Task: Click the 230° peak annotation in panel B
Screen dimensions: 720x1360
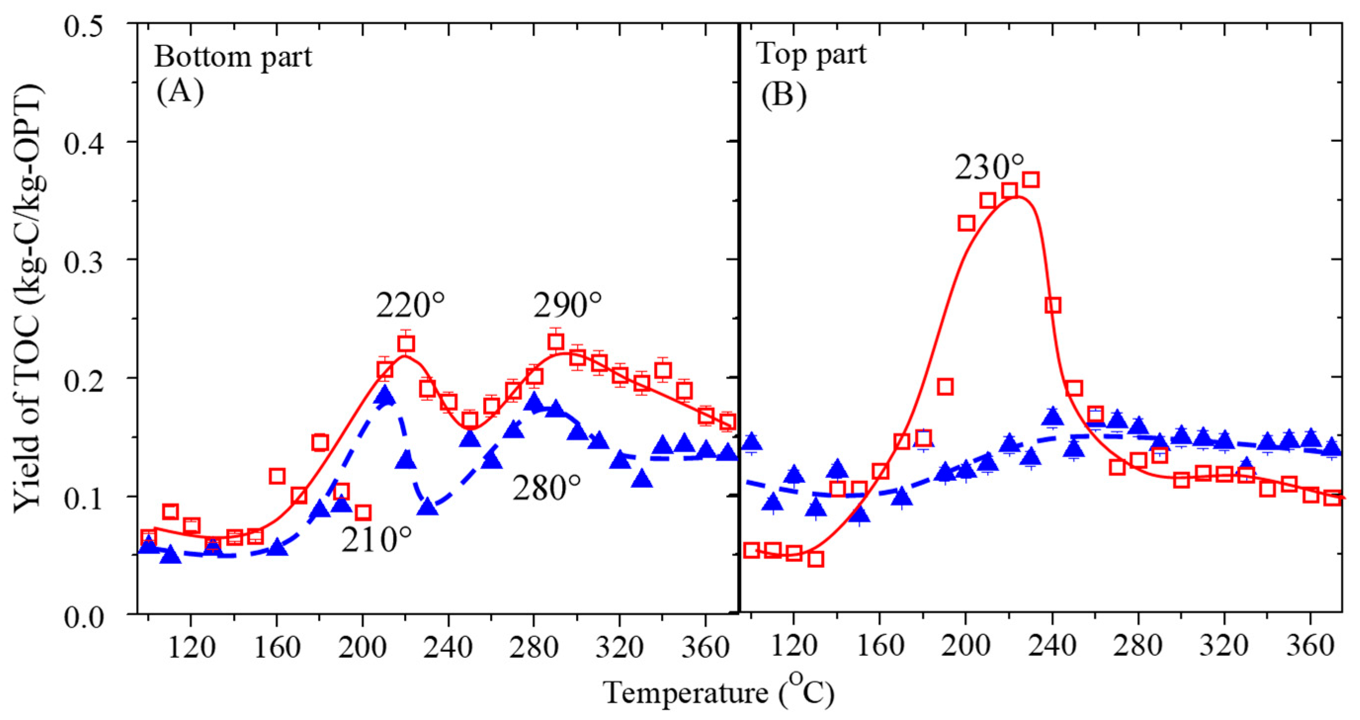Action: click(x=989, y=168)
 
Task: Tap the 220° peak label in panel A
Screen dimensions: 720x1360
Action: click(x=410, y=306)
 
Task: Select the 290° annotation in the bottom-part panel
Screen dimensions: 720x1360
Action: click(x=567, y=306)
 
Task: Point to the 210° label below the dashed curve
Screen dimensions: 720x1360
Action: click(x=375, y=540)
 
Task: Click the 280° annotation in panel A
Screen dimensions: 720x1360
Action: click(x=546, y=488)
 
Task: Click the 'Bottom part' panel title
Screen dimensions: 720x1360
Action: click(x=233, y=57)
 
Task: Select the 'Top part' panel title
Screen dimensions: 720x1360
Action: click(x=811, y=55)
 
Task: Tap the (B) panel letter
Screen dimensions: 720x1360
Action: click(x=783, y=95)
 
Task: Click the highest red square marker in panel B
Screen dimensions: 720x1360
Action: click(x=1030, y=180)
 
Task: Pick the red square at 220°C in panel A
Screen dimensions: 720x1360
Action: click(x=406, y=344)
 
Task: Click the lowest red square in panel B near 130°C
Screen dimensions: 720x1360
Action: click(x=816, y=559)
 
